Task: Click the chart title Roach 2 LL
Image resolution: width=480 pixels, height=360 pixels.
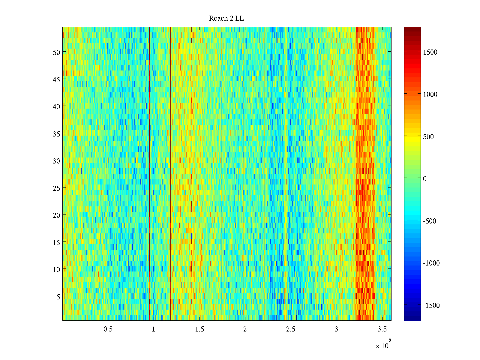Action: [x=226, y=19]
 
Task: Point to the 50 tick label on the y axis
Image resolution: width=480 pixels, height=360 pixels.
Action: [x=56, y=52]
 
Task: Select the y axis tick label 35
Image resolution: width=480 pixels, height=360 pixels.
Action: [x=56, y=134]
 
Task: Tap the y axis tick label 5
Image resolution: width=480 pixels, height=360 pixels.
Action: [x=58, y=297]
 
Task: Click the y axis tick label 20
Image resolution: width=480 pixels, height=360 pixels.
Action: [x=56, y=215]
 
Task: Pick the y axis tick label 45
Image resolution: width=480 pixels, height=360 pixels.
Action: [x=56, y=79]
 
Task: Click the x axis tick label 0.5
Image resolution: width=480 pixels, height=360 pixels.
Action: [x=108, y=329]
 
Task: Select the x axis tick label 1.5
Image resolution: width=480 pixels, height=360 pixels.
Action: [x=199, y=329]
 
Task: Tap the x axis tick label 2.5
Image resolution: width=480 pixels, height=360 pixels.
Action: [x=291, y=329]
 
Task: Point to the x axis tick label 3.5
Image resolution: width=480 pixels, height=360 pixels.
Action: [x=382, y=329]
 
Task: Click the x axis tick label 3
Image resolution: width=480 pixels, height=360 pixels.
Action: [x=336, y=329]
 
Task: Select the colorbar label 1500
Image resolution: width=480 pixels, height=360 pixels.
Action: [x=430, y=52]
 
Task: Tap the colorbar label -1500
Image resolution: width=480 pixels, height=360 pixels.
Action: [x=431, y=305]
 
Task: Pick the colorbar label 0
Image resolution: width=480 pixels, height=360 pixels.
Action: [x=425, y=179]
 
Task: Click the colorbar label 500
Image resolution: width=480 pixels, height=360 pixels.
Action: [x=428, y=137]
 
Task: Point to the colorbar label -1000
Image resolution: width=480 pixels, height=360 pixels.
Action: [x=431, y=263]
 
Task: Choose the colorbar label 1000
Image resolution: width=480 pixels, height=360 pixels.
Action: [x=430, y=94]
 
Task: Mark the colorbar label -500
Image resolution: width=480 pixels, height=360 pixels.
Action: [x=429, y=221]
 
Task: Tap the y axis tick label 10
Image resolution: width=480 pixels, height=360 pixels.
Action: [x=56, y=269]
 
